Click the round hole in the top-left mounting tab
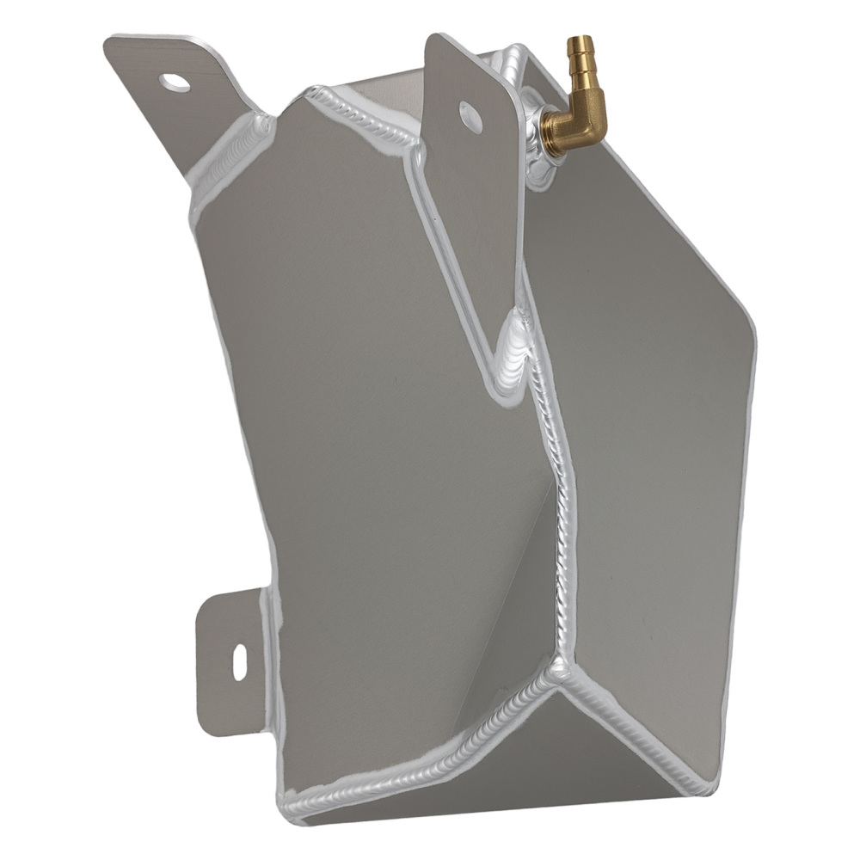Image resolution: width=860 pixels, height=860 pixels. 175,83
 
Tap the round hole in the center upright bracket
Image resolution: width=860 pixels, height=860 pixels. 470,117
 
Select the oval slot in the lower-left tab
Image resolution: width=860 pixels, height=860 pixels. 239,661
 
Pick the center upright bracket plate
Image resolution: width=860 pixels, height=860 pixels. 473,215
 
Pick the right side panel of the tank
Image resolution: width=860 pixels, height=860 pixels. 654,430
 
